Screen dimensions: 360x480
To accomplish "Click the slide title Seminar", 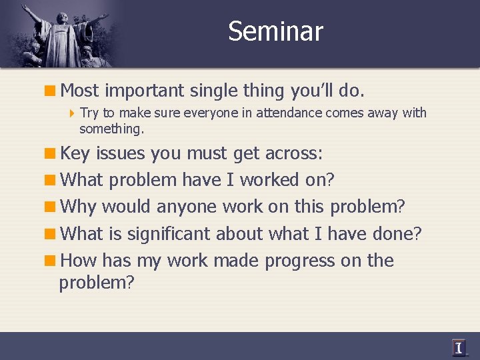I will tap(275, 31).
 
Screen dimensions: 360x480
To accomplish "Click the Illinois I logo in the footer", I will tap(459, 347).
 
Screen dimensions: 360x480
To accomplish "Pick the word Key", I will tap(75, 153).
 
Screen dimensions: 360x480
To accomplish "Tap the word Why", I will tap(77, 207).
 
